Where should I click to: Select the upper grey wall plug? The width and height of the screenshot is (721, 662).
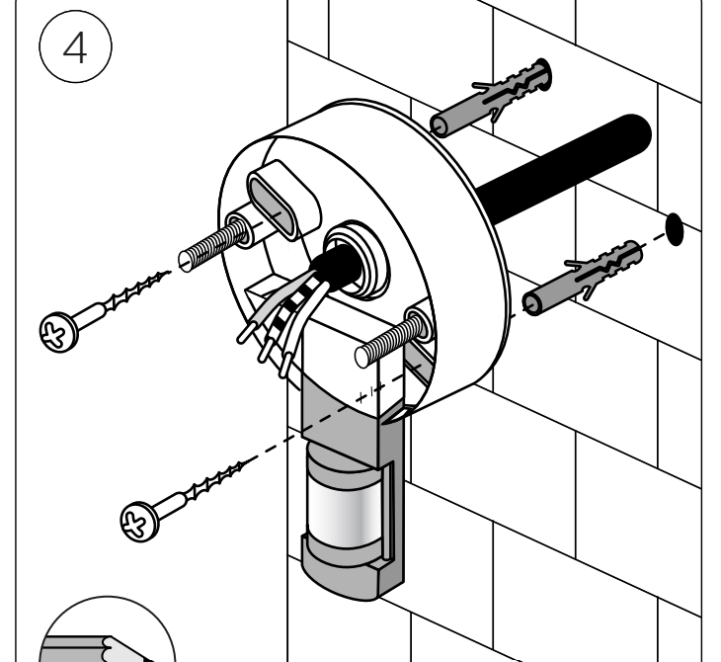click(490, 99)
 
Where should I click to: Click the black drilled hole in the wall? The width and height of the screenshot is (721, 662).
click(676, 227)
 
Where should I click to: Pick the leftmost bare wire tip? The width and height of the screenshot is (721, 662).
click(241, 340)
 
